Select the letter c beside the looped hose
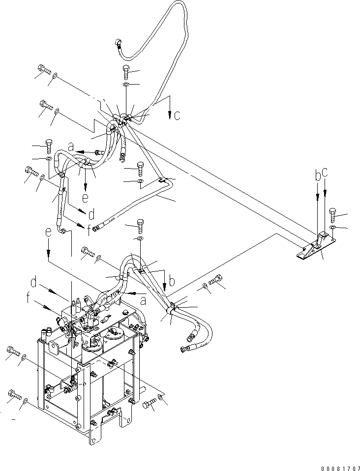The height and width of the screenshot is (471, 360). (177, 116)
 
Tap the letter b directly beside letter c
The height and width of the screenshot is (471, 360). (318, 175)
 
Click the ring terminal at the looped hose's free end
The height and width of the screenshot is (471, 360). (119, 42)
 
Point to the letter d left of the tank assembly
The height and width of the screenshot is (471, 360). (33, 283)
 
